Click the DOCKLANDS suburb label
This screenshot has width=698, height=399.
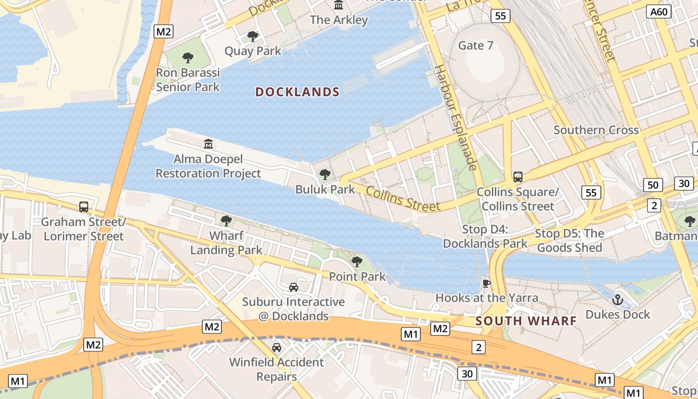(297, 92)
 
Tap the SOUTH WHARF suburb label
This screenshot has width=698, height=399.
(526, 321)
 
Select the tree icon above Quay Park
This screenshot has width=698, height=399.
(253, 36)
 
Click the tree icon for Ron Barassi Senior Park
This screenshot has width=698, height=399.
(188, 58)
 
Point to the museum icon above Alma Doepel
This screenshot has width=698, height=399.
(208, 144)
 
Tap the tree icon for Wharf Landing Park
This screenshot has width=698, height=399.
(226, 220)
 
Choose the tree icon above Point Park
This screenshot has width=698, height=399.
(357, 261)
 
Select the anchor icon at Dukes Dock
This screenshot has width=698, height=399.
(618, 300)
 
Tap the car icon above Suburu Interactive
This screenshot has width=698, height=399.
(294, 287)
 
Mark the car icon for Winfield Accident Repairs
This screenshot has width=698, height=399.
(277, 347)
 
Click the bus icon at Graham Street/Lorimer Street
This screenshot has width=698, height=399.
(84, 206)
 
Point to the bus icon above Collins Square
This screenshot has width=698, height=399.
(518, 177)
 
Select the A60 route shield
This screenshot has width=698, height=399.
(658, 12)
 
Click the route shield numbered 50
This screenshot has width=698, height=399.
(653, 185)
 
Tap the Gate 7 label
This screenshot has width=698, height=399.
(476, 45)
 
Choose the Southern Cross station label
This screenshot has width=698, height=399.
(596, 130)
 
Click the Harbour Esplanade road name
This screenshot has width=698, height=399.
(456, 117)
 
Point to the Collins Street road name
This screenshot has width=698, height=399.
(403, 198)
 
